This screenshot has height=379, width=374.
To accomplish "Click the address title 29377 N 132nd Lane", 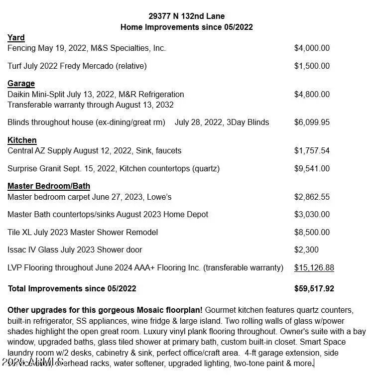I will tap(186, 16).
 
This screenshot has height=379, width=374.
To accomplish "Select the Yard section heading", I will tap(16, 37).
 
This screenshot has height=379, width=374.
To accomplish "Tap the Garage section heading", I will tap(21, 83).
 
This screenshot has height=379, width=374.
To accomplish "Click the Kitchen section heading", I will tap(22, 140).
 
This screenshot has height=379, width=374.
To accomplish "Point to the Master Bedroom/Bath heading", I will tap(49, 186).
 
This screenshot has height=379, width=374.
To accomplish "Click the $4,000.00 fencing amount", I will tap(312, 48).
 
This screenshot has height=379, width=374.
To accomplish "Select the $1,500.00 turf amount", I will tap(312, 66).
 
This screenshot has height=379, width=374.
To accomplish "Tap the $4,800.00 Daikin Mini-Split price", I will tap(312, 94).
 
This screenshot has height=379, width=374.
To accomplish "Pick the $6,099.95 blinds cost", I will tap(312, 122).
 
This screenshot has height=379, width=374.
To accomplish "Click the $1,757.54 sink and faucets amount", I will tap(312, 150).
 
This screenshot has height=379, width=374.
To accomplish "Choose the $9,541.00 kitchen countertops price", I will tap(312, 168).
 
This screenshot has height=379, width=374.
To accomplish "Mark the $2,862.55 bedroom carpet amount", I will tap(312, 197).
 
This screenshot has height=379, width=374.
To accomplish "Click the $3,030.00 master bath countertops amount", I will tap(312, 214).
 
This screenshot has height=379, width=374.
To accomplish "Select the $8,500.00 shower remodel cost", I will tap(312, 232).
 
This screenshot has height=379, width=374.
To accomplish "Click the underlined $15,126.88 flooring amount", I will tap(314, 267).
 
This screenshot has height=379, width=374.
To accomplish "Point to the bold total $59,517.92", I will tap(314, 288).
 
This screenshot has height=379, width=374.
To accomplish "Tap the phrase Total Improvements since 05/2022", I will tap(72, 288).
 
